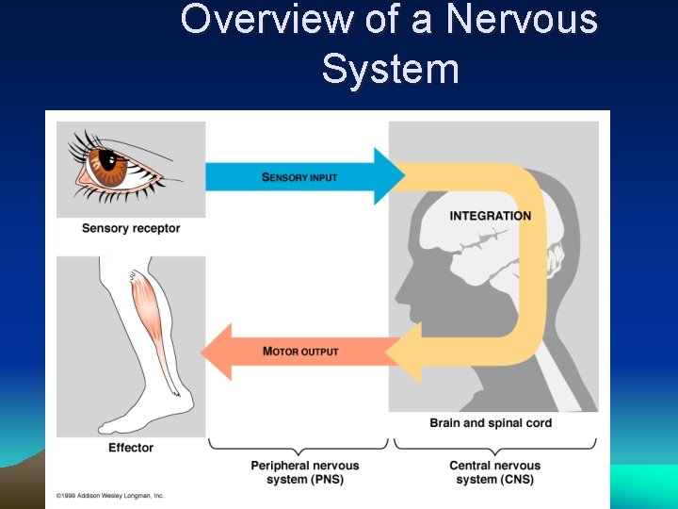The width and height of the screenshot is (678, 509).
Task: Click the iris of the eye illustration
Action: pyautogui.click(x=111, y=168)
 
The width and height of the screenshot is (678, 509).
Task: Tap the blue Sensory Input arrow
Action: pyautogui.click(x=301, y=176)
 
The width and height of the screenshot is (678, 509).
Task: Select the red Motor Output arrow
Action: pyautogui.click(x=301, y=352)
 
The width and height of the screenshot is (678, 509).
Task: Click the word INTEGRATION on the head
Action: pyautogui.click(x=490, y=216)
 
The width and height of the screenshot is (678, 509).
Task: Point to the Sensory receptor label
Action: pyautogui.click(x=131, y=228)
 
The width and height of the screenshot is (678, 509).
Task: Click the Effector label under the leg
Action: pyautogui.click(x=131, y=448)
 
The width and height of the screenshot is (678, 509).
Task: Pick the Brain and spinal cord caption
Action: pyautogui.click(x=491, y=423)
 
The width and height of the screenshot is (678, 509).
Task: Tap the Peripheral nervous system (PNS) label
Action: pyautogui.click(x=305, y=472)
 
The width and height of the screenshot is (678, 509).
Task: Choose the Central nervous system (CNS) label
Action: pyautogui.click(x=495, y=472)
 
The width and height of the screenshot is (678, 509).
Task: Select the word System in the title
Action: pyautogui.click(x=390, y=69)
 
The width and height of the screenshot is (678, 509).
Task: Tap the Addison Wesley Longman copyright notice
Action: pyautogui.click(x=110, y=495)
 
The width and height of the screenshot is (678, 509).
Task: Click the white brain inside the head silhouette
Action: pyautogui.click(x=471, y=245)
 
